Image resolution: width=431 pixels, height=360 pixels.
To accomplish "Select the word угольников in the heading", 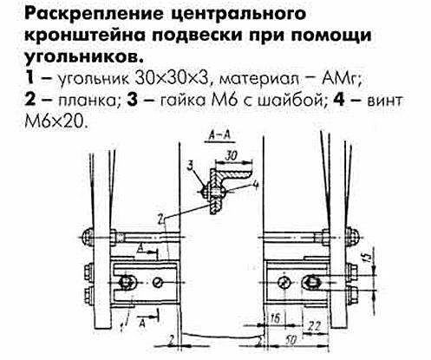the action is click(x=84, y=56).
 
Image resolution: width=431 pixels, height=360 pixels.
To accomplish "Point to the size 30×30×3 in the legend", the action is click(x=172, y=79).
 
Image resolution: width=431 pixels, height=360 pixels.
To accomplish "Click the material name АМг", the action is click(x=341, y=79).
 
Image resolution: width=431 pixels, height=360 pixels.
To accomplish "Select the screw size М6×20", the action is click(x=56, y=122).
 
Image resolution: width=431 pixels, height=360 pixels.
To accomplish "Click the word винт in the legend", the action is click(x=384, y=101).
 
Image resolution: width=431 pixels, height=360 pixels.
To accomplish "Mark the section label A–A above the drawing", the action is click(x=219, y=136).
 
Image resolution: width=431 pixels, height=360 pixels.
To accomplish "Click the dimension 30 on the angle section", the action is click(x=231, y=156).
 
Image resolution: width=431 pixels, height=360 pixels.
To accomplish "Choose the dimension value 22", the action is click(x=314, y=327).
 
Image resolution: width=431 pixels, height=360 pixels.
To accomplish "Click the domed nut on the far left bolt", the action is click(x=88, y=238).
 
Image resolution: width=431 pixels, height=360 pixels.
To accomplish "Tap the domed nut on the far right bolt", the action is click(x=351, y=237).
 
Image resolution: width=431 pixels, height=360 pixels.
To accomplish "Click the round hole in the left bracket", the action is click(x=158, y=282).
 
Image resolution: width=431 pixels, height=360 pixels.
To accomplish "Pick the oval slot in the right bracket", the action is click(x=311, y=281).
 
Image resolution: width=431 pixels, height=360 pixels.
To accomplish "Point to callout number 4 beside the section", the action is click(x=255, y=185).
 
